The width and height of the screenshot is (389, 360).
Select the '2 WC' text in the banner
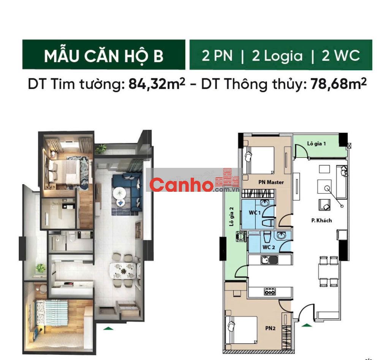tap(341, 55)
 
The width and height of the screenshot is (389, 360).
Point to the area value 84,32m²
tap(157, 84)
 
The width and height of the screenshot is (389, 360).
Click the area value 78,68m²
tap(338, 84)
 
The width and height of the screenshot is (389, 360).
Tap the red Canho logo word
tap(182, 185)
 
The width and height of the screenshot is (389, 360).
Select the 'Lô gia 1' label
tap(316, 144)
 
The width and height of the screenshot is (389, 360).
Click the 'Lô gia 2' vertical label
tap(231, 216)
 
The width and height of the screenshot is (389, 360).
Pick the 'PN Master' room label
tap(271, 182)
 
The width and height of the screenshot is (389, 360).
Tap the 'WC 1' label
tap(255, 213)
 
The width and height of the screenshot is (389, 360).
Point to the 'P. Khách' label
tap(321, 220)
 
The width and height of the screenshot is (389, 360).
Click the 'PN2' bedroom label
tap(270, 328)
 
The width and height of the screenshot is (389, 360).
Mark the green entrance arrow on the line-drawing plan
tap(307, 325)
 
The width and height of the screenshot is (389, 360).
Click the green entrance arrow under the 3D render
tap(108, 328)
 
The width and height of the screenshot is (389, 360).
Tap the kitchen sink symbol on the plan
tap(269, 260)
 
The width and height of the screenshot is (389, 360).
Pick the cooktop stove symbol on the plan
tap(270, 292)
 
